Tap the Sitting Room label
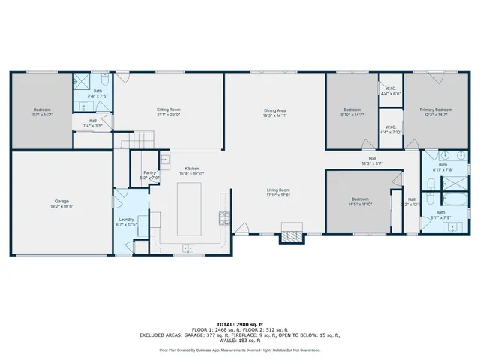tap(169, 109)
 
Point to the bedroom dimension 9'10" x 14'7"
tap(352, 115)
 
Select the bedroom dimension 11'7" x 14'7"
tap(40, 115)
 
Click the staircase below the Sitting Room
tap(136, 139)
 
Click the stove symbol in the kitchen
tap(223, 217)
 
